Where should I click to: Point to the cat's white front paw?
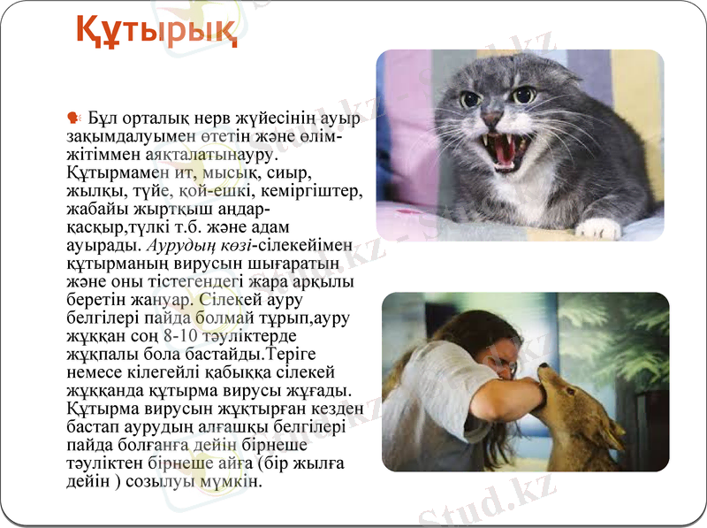(597, 228)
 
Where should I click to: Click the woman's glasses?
(502, 363)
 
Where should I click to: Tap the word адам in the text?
(312, 227)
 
